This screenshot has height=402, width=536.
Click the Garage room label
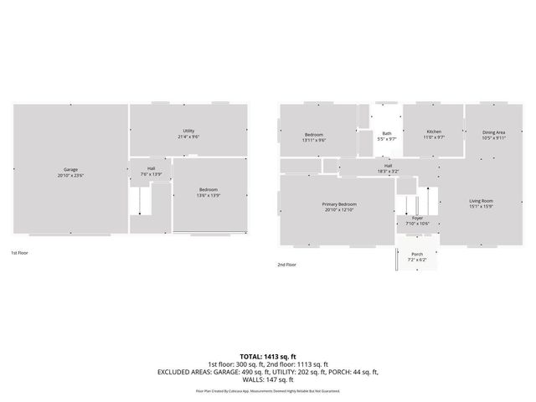coord(71,169)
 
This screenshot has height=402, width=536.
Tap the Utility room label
coord(189,131)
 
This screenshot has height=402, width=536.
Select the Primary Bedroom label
coord(339,204)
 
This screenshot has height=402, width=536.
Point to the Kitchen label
coord(434,131)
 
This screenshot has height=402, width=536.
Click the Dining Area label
coord(493,132)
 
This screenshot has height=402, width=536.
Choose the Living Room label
coord(481,200)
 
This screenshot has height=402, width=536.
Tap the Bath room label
coord(387,133)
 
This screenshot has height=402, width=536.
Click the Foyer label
coord(417,218)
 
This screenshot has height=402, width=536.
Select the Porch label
coord(416,255)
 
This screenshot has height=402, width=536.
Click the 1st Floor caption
coord(18,251)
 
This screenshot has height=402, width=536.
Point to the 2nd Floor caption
coord(286,264)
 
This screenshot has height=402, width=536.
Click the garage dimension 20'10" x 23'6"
coord(71,175)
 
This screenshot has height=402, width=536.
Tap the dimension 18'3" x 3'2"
coord(389,171)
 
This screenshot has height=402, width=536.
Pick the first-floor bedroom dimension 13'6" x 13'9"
coord(209,194)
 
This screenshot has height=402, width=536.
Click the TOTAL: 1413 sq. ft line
coord(267,357)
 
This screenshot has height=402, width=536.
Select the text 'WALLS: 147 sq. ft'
coord(268,379)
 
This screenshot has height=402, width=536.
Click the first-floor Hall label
coord(151,169)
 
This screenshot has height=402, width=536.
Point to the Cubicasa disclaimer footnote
coord(268,390)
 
